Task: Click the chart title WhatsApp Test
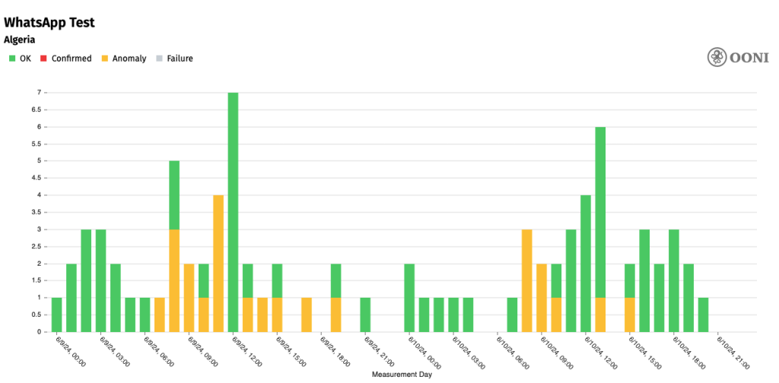[49, 22]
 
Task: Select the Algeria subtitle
[20, 40]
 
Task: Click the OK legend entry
[21, 59]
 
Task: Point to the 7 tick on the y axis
[37, 92]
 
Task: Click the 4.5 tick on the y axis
[35, 177]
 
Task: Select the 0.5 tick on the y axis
[35, 314]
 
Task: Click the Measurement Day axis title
[402, 375]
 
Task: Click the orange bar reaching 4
[218, 263]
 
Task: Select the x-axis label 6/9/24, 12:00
[248, 353]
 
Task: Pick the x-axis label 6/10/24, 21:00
[732, 353]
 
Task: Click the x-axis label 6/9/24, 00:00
[72, 353]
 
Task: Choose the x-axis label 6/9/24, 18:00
[336, 353]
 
